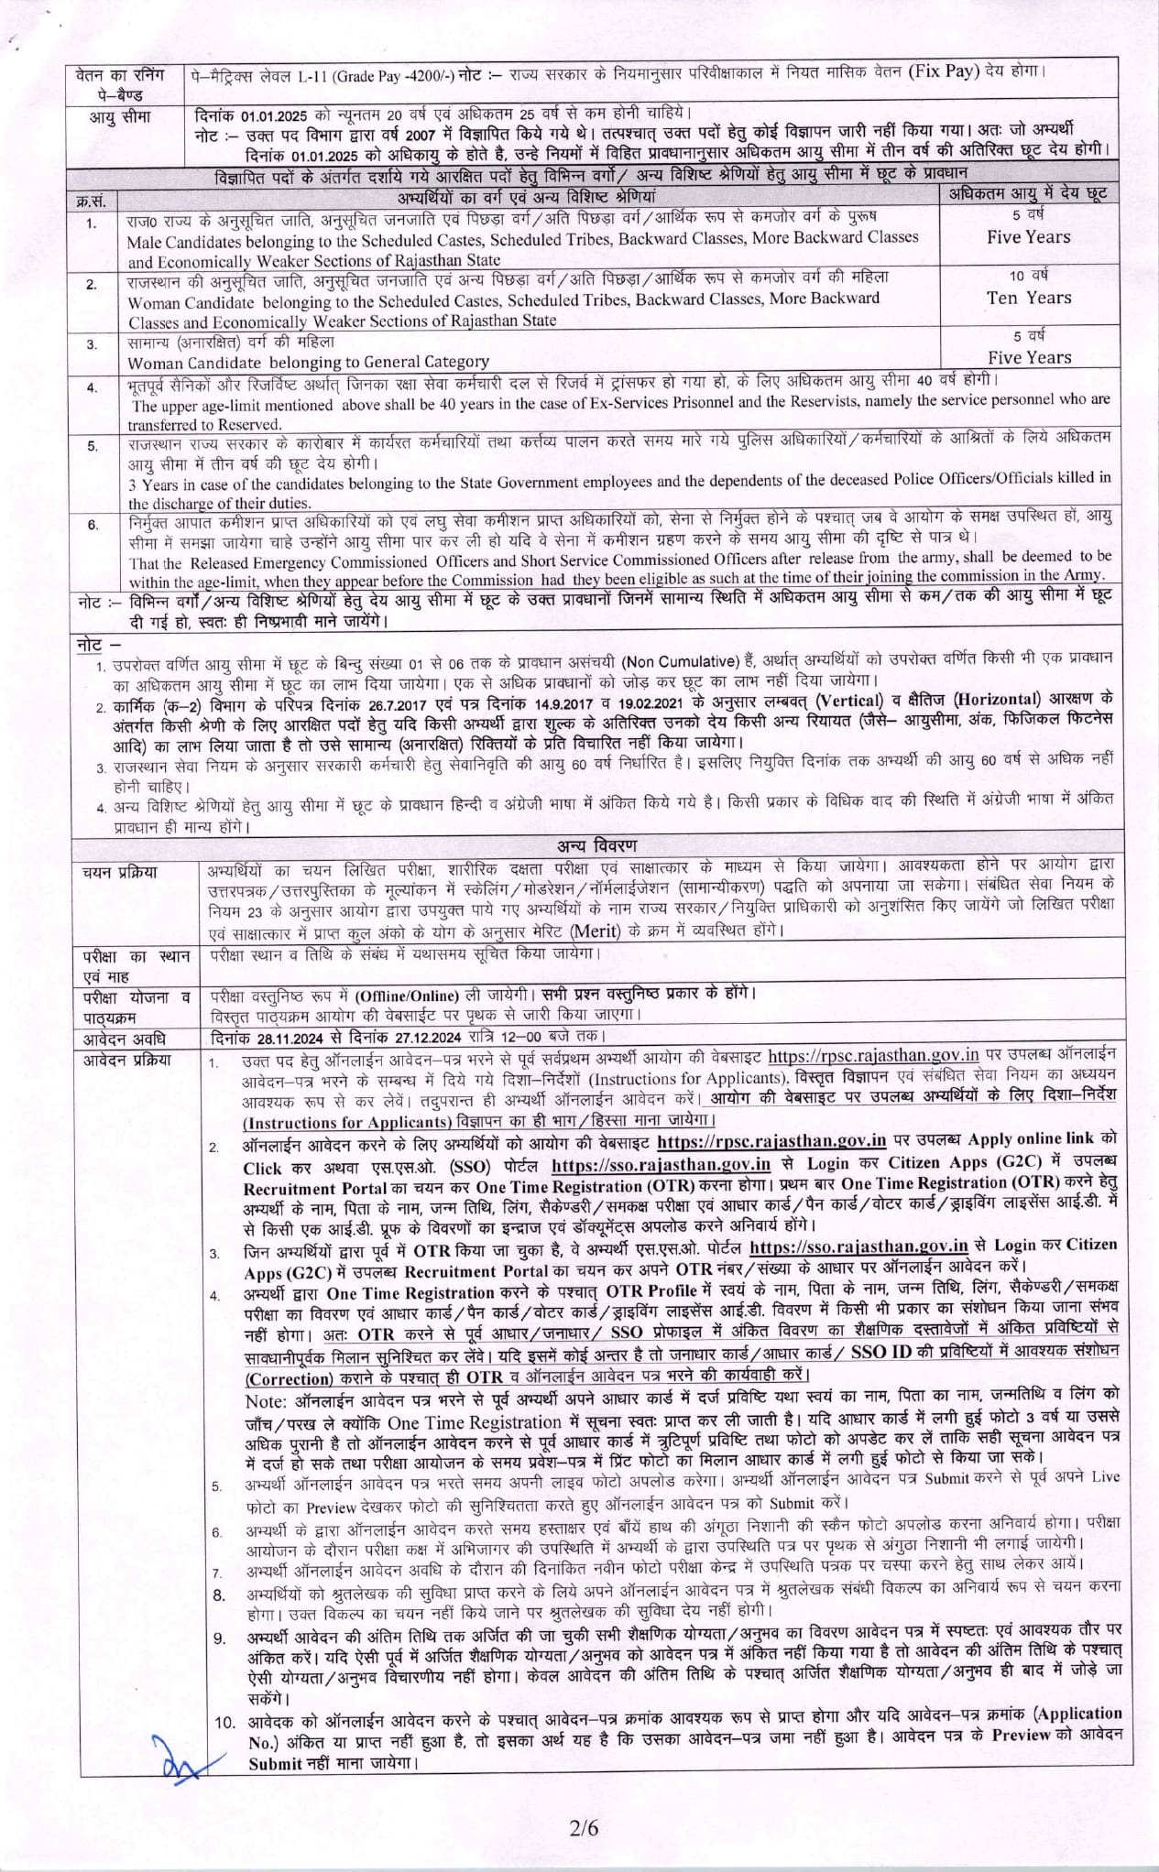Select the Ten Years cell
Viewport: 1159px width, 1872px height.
coord(1028,298)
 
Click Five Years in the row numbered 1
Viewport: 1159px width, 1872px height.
coord(1028,237)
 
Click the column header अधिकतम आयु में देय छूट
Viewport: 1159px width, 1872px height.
coord(1027,194)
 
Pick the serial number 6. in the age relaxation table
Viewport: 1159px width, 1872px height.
coord(93,525)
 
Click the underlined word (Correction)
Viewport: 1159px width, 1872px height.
coord(288,1378)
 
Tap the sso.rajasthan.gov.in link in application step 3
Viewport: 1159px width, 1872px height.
coord(858,1246)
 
